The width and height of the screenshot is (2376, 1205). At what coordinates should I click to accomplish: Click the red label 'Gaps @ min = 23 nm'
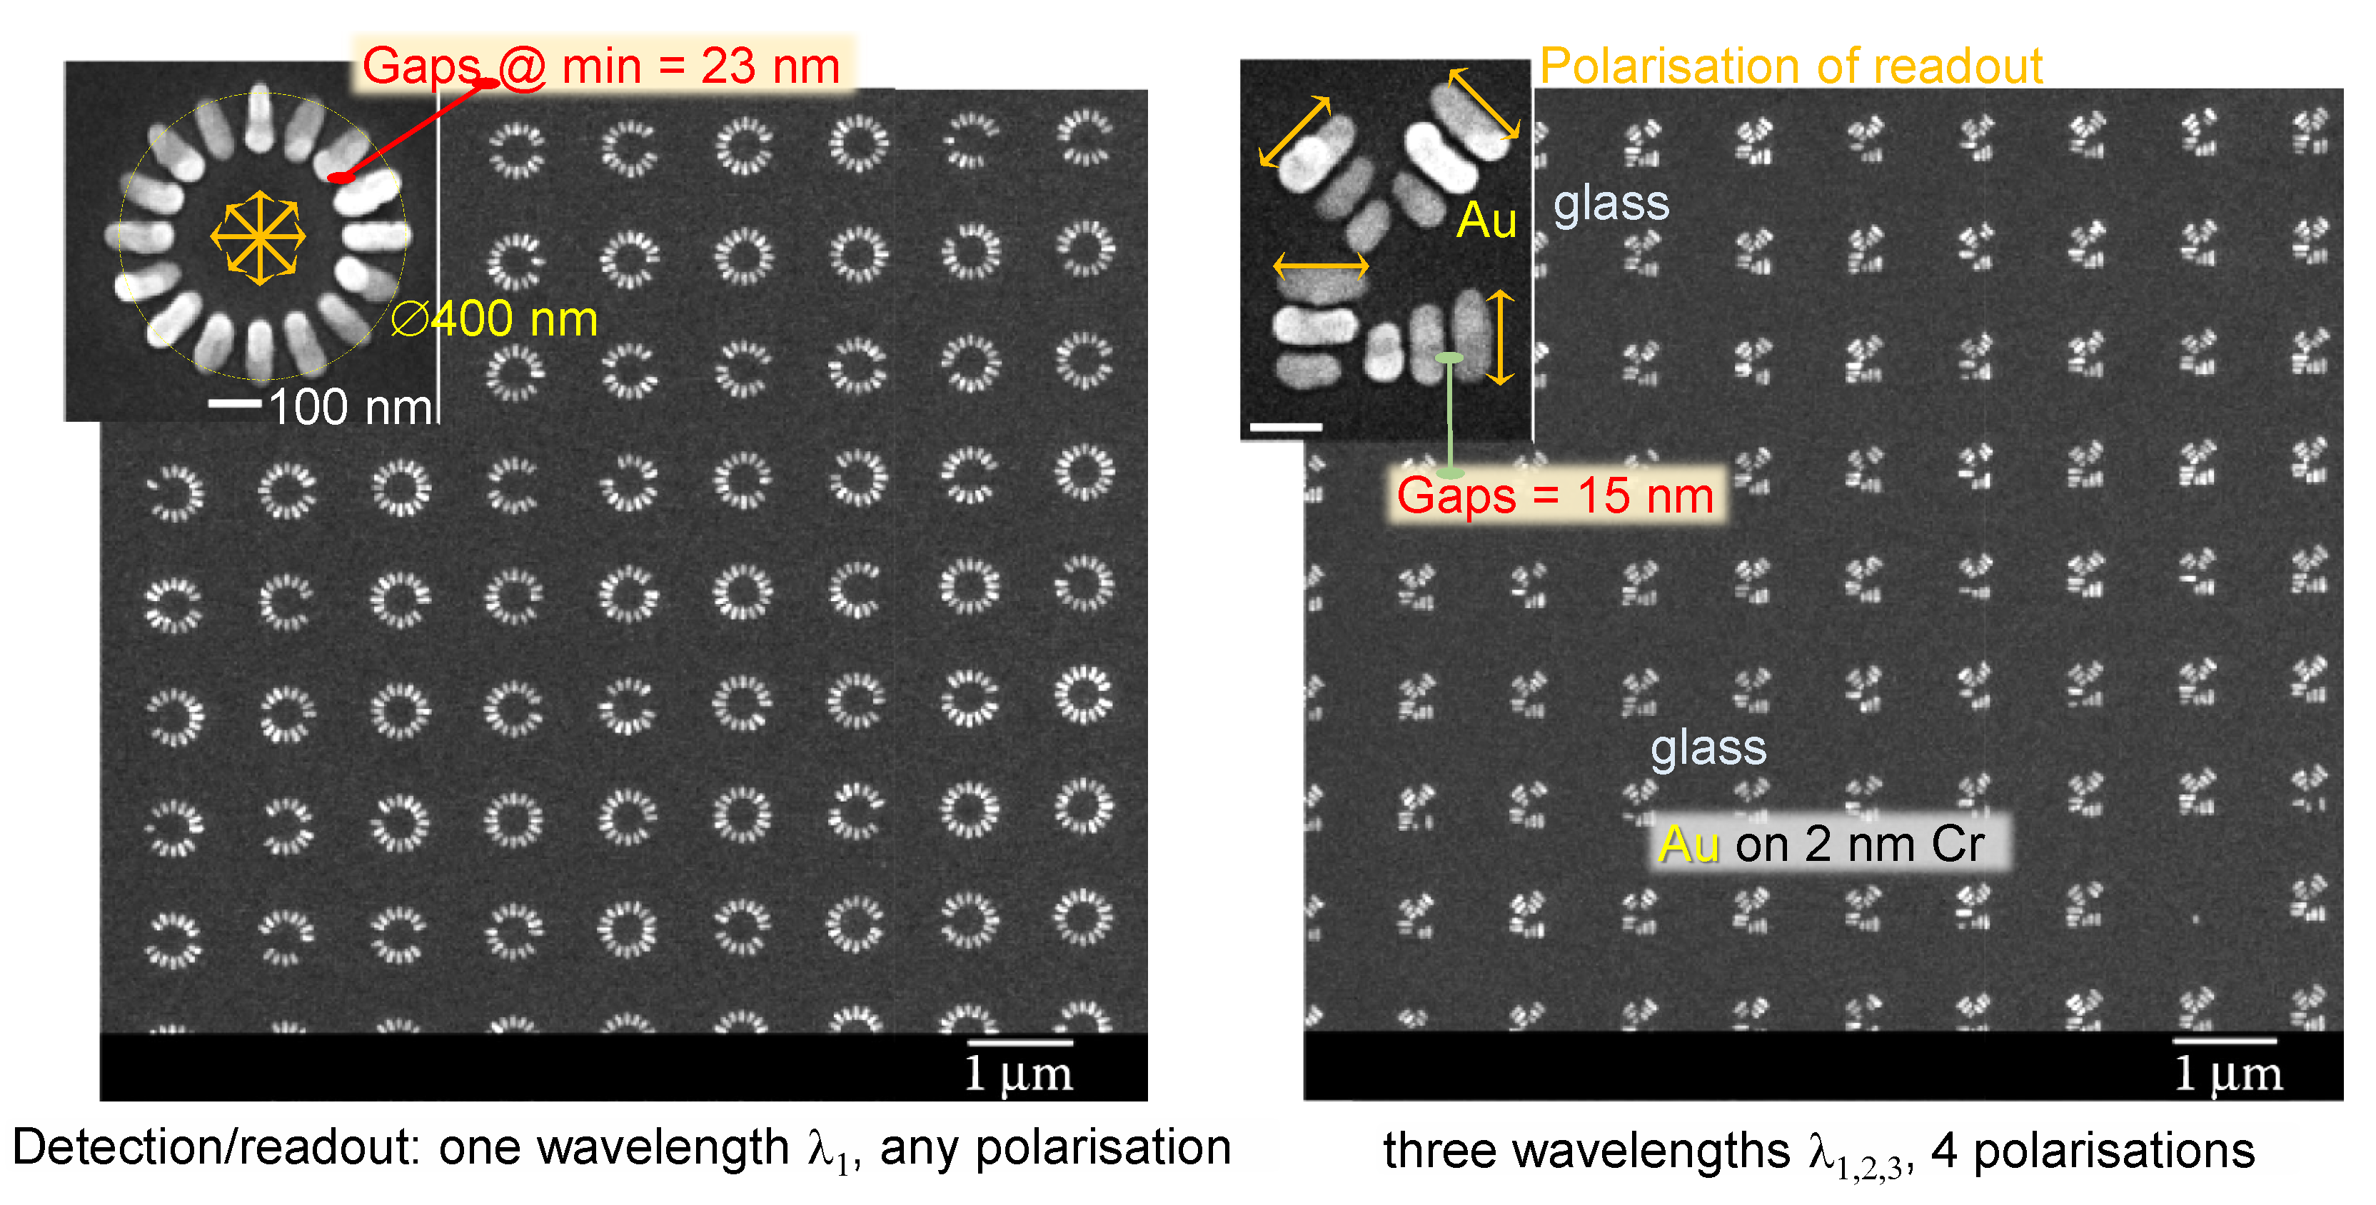tap(600, 66)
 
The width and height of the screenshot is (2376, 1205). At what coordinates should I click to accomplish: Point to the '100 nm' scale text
tap(351, 407)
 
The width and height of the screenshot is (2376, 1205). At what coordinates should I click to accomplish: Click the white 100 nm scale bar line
tap(235, 403)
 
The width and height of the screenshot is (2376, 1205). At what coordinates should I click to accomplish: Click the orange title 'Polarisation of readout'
tap(1791, 66)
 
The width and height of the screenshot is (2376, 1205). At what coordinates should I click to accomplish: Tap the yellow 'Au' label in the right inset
tap(1486, 221)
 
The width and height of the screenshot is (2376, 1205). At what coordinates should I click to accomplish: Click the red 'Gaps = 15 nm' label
tap(1555, 495)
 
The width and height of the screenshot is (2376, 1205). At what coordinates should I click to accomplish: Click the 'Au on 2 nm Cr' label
tap(1822, 844)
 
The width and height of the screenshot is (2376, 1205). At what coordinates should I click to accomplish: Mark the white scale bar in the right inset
tap(1286, 427)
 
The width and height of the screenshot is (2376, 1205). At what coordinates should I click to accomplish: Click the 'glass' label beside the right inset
tap(1611, 203)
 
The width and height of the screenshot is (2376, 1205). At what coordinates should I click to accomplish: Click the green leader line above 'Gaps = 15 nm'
tap(1450, 415)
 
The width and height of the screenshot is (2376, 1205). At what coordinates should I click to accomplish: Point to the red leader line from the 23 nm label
tap(415, 130)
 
